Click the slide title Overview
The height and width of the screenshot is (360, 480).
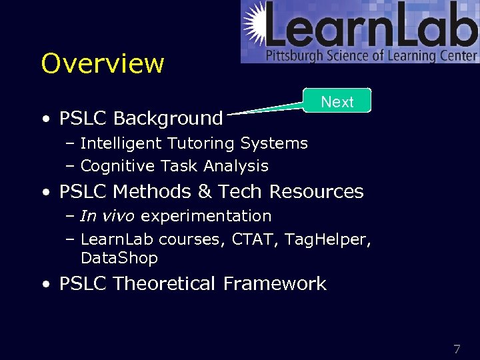pos(102,63)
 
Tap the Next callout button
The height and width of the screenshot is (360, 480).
pos(337,101)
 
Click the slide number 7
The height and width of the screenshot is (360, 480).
pos(457,349)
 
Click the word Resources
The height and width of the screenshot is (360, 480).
pos(316,192)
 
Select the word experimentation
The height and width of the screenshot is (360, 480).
pos(206,216)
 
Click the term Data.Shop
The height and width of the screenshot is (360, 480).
pos(119,258)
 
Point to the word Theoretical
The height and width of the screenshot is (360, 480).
pos(165,284)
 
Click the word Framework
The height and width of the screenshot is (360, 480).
pos(275,284)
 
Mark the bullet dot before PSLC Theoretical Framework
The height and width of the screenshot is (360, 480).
pos(45,285)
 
